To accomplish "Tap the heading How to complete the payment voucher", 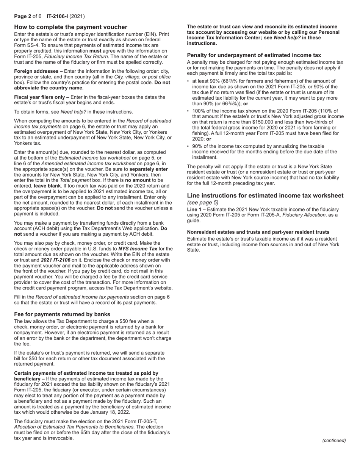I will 71,27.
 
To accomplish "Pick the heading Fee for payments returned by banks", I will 62,314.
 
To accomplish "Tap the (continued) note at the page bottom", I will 334,440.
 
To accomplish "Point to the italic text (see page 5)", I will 203,202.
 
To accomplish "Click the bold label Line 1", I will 194,210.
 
